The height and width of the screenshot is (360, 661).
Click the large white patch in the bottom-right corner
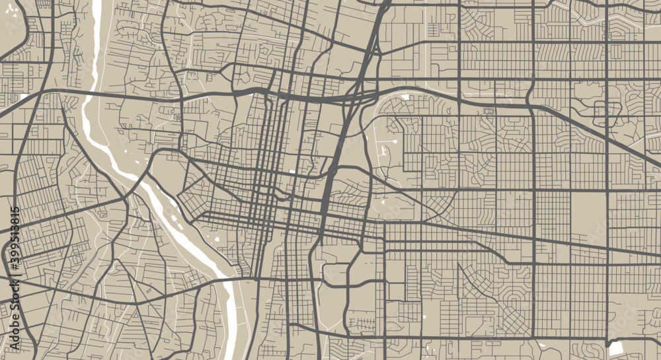615,348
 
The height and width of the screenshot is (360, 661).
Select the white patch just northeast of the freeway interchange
404,98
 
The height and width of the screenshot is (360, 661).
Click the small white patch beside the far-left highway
24,97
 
